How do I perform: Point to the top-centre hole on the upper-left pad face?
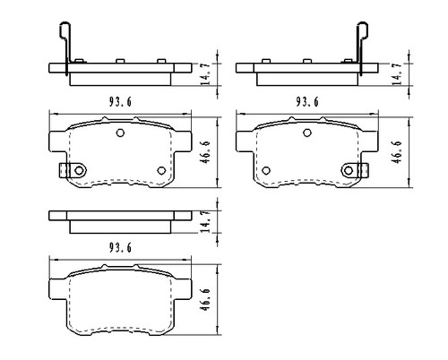click(119, 133)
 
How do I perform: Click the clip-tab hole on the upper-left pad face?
click(79, 170)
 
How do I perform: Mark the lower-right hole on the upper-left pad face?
click(161, 170)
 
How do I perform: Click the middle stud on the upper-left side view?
click(119, 61)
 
